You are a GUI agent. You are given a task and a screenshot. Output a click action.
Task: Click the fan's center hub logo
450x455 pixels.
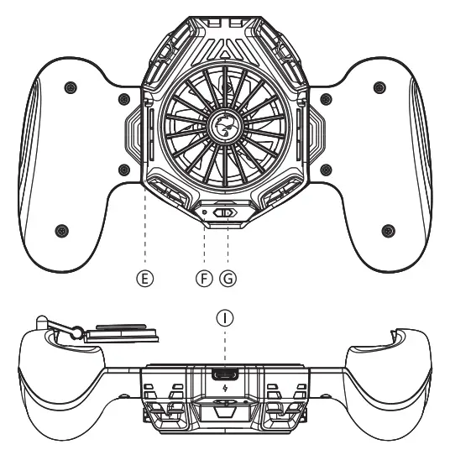pos(225,126)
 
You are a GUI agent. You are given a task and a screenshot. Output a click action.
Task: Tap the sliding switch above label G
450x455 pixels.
pos(224,213)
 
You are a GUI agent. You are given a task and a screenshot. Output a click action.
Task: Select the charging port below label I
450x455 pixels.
pos(224,375)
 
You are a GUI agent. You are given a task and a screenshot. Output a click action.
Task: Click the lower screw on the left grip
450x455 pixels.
pos(60,230)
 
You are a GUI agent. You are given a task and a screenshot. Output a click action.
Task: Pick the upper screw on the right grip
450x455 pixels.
pos(380,86)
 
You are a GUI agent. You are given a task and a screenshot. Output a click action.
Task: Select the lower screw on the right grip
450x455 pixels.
pos(387,230)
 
